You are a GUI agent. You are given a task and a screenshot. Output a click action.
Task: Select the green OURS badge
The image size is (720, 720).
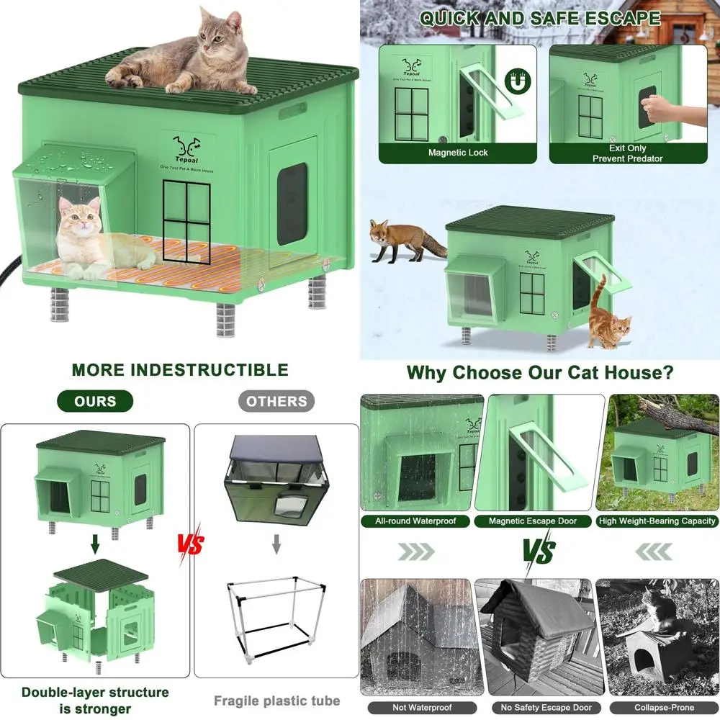point(95,401)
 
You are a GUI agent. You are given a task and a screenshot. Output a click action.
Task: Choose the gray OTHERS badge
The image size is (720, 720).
point(276,401)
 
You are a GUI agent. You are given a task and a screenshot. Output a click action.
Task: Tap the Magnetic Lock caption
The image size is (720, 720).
point(458,153)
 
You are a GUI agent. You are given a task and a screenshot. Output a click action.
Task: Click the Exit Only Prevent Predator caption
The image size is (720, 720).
point(627,153)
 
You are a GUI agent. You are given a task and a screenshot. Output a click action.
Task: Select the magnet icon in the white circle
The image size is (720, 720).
point(515,83)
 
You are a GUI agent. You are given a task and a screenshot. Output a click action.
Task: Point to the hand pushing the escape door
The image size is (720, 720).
point(673,112)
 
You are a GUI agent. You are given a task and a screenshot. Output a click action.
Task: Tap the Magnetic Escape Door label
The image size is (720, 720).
point(533,521)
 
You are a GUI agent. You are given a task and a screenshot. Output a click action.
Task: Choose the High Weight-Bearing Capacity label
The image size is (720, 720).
point(657,521)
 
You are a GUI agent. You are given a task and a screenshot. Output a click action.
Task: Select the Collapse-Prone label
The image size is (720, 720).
point(657,708)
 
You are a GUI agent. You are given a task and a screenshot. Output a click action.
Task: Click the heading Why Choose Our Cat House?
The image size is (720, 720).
point(540,373)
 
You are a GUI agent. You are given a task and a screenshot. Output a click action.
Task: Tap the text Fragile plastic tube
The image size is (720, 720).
point(276,700)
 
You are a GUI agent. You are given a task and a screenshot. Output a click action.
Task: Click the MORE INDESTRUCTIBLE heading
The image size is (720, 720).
point(180,370)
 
